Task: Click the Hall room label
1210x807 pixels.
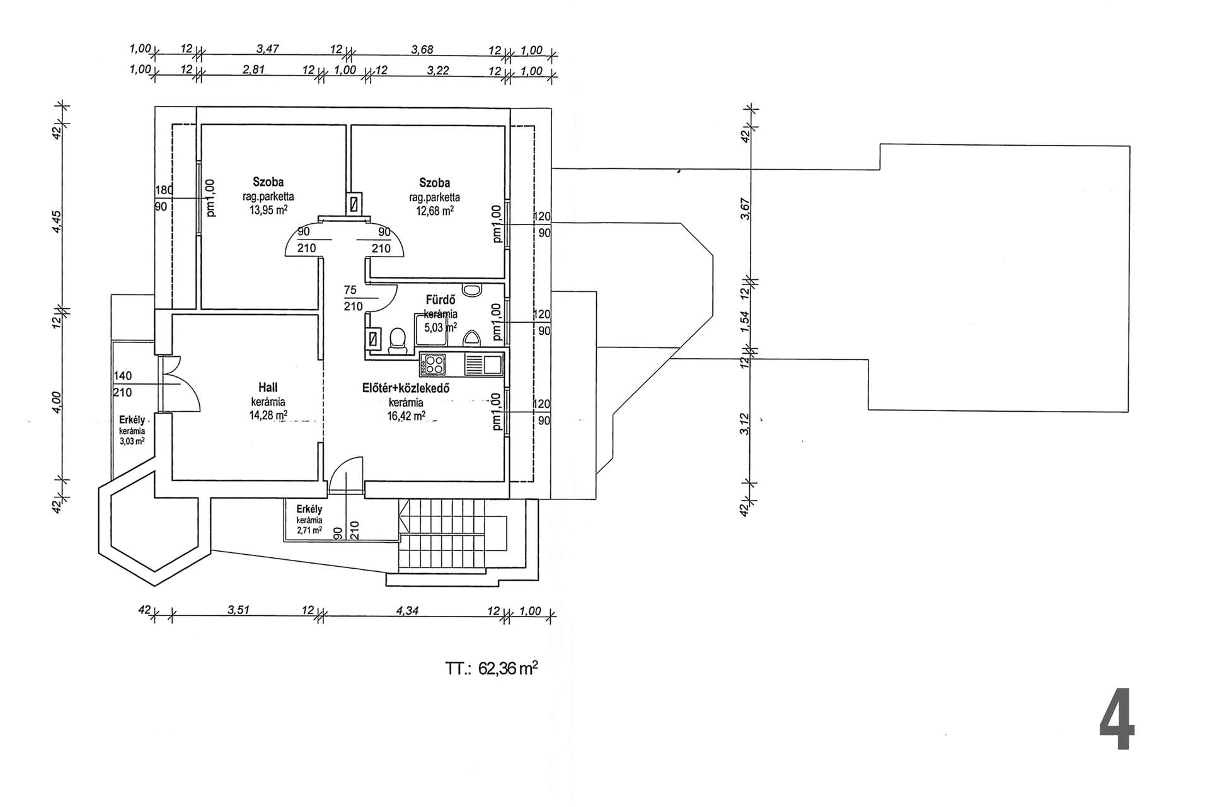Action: (x=268, y=387)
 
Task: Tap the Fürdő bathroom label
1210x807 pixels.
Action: (x=441, y=300)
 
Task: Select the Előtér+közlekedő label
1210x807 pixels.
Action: (x=405, y=388)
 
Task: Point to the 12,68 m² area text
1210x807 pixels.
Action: (x=434, y=211)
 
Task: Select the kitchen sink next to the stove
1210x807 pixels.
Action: (x=483, y=364)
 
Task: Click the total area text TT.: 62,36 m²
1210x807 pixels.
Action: (x=492, y=668)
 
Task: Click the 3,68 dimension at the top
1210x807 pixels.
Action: (x=422, y=50)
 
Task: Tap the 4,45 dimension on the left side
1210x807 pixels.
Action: (x=57, y=221)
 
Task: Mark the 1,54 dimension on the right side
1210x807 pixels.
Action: (x=745, y=322)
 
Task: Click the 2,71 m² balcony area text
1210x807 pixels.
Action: (x=309, y=530)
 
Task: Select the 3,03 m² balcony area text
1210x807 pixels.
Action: (x=132, y=441)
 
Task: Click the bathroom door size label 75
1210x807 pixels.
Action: (x=350, y=290)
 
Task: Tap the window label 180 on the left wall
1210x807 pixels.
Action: (x=164, y=190)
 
